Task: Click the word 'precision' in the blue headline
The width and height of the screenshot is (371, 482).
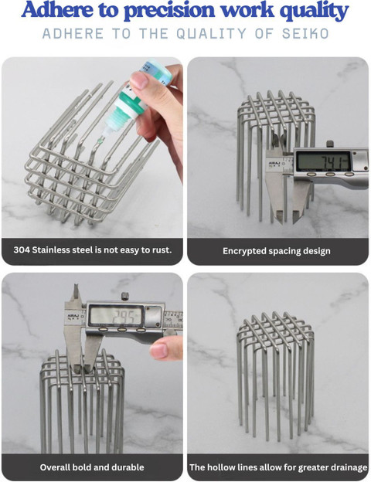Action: (170, 11)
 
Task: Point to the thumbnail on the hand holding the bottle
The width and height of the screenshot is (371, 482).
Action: (139, 80)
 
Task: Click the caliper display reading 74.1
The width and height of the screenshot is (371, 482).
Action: (323, 161)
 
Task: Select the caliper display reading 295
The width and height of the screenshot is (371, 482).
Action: (116, 316)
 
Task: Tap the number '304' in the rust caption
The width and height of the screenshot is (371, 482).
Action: (22, 249)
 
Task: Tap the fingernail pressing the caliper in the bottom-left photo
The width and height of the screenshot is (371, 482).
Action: (158, 351)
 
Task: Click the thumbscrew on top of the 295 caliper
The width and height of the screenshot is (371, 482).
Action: (124, 297)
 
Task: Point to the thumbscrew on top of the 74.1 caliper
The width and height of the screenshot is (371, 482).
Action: (330, 144)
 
